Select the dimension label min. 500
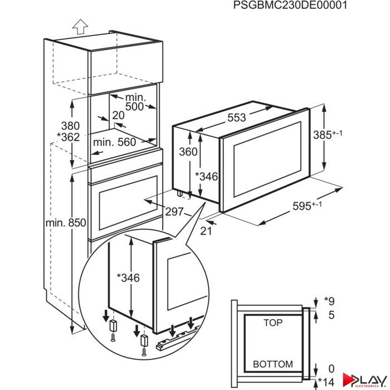click(134, 101)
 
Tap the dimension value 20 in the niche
click(118, 115)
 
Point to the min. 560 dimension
click(114, 142)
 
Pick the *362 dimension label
click(67, 138)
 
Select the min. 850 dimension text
click(66, 223)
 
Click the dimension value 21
click(207, 231)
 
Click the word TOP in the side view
click(272, 323)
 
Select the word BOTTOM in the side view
click(272, 364)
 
